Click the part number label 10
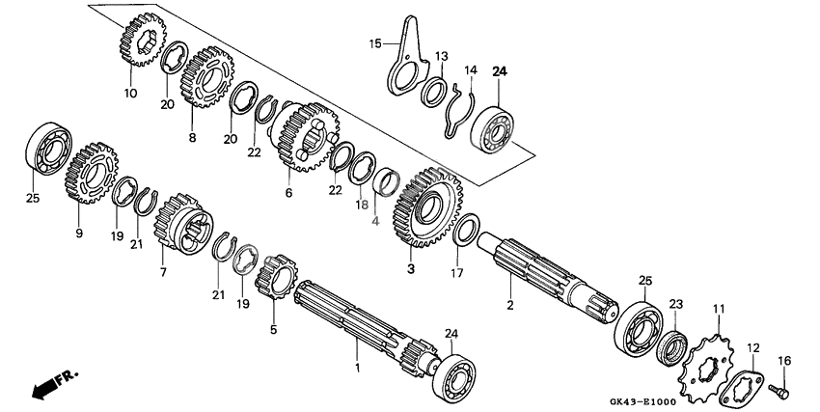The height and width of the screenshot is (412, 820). [130, 94]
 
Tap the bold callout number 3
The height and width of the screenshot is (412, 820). [411, 269]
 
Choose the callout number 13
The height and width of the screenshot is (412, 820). [441, 56]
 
